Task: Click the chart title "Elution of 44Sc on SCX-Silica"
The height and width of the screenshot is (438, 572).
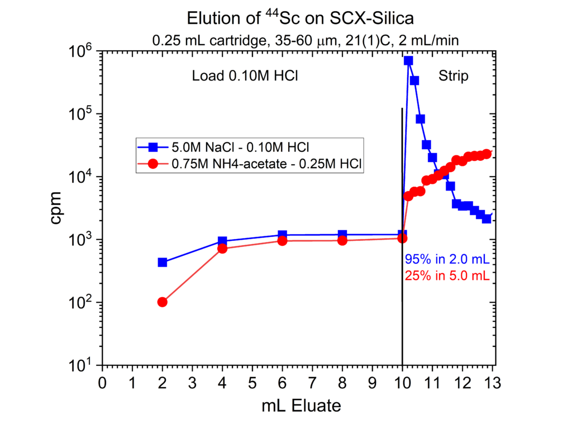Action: point(301,18)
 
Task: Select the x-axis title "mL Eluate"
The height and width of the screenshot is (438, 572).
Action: point(301,406)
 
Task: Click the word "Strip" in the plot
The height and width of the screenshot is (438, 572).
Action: point(454,76)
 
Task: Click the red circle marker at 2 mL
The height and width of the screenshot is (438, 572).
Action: point(163,302)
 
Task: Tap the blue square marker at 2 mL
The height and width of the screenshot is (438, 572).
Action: point(163,262)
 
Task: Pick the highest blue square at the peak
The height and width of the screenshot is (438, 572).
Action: point(408,60)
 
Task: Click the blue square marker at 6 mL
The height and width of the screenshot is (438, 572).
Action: point(282,235)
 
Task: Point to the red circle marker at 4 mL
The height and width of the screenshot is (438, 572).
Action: point(222,249)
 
